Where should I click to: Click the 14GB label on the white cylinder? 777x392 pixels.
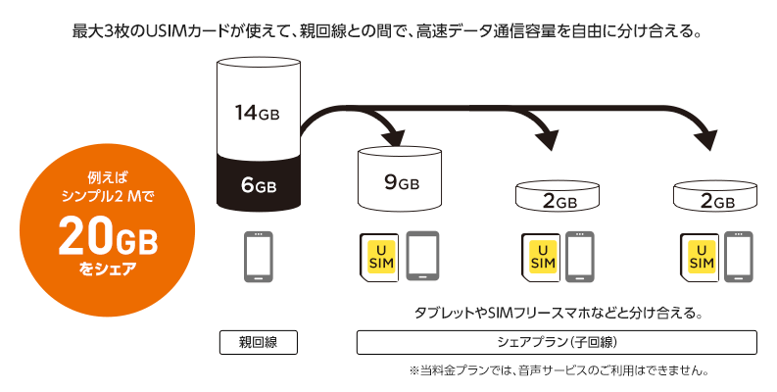pos(258,113)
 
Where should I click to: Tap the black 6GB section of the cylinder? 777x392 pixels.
pos(258,184)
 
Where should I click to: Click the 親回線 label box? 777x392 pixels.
pos(258,342)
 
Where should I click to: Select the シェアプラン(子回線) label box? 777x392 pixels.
pos(557,342)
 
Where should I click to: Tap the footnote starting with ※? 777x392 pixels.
pos(558,370)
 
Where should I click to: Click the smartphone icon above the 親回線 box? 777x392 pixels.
pos(258,257)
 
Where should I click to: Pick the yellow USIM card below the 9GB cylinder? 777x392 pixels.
pos(378,257)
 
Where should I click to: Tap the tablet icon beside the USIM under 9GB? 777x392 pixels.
pos(423,256)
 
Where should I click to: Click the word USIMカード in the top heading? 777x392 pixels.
pos(191,30)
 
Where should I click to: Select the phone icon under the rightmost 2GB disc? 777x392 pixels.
pos(739,257)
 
